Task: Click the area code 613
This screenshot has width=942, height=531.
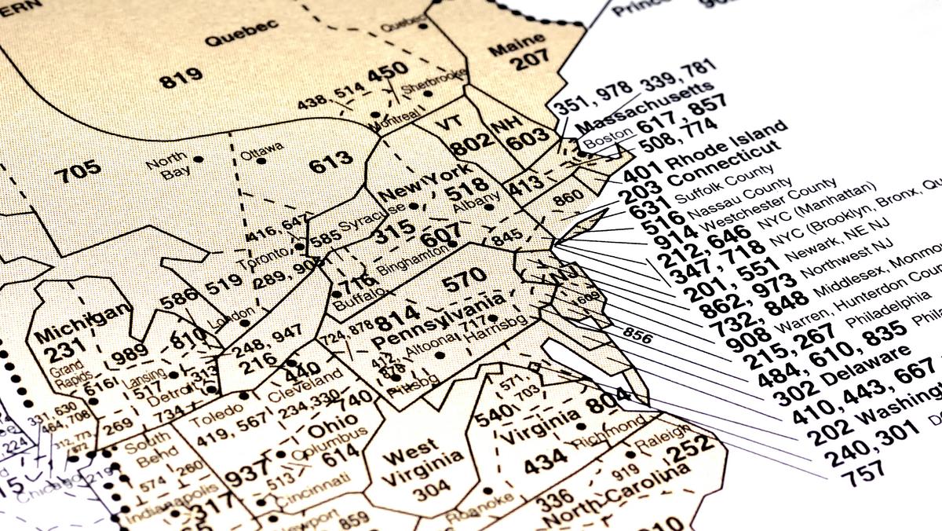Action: [x=330, y=161]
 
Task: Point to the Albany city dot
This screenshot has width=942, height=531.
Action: [x=488, y=207]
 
